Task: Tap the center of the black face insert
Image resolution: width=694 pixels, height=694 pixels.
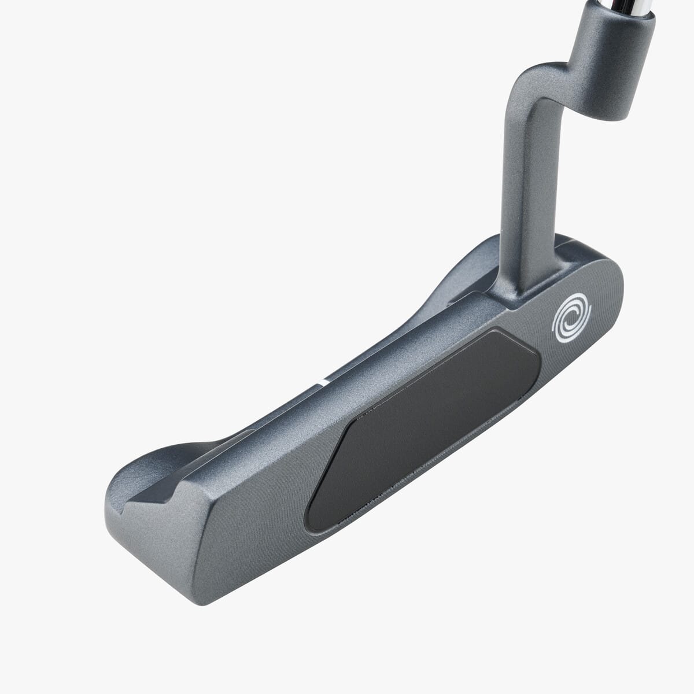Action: pyautogui.click(x=422, y=428)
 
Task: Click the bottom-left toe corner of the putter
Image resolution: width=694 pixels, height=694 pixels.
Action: pyautogui.click(x=202, y=601)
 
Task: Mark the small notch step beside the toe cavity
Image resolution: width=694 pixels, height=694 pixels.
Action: pyautogui.click(x=173, y=492)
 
